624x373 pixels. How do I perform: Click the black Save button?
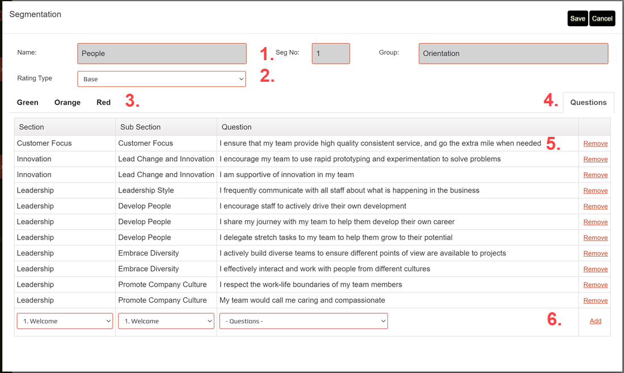pos(577,18)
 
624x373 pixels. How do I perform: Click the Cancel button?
pos(602,18)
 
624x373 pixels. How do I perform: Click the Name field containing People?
pos(162,53)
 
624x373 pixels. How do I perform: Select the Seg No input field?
pos(331,53)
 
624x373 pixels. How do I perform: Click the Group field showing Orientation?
pos(513,53)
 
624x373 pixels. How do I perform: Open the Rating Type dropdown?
pos(162,79)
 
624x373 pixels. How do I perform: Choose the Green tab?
pos(28,102)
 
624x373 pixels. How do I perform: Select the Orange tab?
pos(68,102)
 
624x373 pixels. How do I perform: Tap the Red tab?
pos(103,102)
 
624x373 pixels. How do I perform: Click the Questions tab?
pos(588,102)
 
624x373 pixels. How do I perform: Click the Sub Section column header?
pos(141,127)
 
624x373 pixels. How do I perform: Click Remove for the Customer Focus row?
pos(595,144)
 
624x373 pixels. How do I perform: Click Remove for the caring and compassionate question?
pos(595,300)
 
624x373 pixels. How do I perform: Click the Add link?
pos(595,321)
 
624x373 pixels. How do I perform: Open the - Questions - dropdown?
pos(303,321)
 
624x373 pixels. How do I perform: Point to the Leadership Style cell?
pos(146,190)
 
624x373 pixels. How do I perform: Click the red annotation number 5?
pos(553,144)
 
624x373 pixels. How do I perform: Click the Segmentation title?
pos(35,14)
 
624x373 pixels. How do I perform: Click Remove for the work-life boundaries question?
pos(595,284)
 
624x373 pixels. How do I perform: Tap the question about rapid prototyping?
pos(360,159)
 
